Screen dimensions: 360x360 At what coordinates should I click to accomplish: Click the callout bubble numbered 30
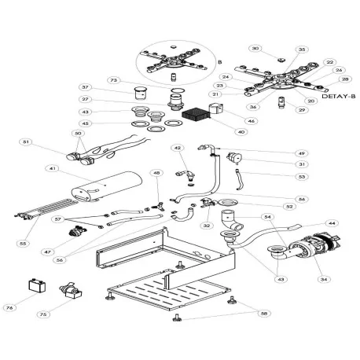click(x=255, y=49)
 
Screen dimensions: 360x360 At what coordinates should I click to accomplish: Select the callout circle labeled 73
click(x=114, y=80)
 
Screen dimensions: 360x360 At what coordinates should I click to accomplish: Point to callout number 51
click(x=27, y=141)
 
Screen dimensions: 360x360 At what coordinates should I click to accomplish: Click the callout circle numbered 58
click(x=264, y=313)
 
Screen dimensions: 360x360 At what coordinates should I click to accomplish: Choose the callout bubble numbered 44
click(x=332, y=223)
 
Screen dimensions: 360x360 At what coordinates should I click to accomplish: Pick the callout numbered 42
click(x=178, y=148)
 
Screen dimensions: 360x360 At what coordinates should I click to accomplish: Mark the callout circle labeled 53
click(x=279, y=177)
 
